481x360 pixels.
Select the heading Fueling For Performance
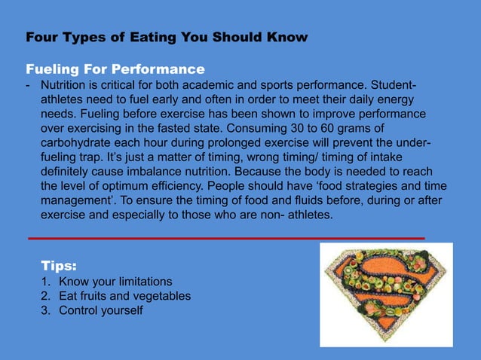115,70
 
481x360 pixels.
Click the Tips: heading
58,266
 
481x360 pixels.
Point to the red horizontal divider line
226,238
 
